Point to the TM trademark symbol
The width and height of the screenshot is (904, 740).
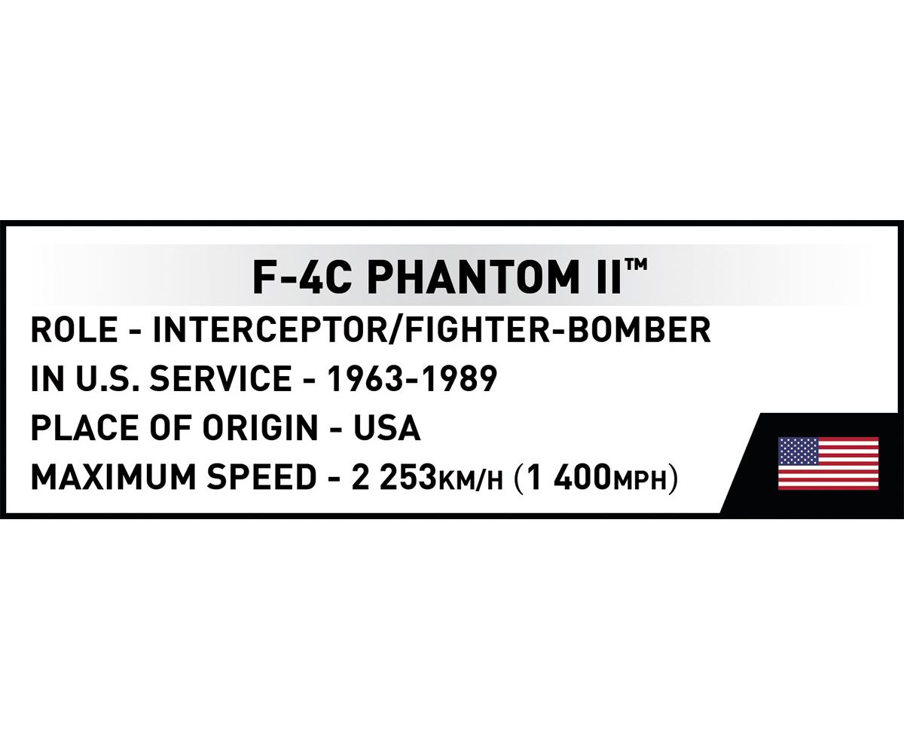point(636,265)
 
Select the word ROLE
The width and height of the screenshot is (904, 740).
point(74,330)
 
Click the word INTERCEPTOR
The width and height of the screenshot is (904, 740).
point(269,330)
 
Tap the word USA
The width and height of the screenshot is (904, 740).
point(386,428)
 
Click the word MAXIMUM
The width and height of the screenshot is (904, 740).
point(114,478)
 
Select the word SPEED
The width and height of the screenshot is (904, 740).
point(262,478)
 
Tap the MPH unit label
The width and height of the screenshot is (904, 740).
point(640,481)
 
